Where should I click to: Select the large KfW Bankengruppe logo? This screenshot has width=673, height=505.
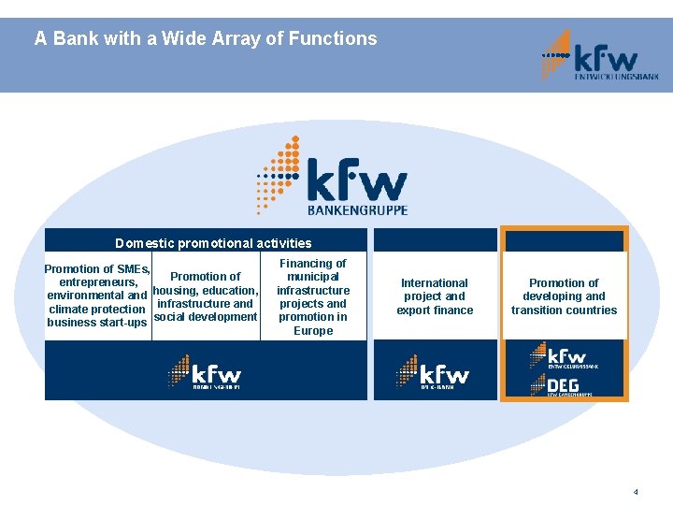[x=332, y=175]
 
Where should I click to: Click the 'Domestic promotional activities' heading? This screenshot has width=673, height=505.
[x=213, y=243]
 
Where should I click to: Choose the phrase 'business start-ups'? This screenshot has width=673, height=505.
[x=97, y=323]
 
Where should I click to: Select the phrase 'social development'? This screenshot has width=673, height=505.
[x=205, y=317]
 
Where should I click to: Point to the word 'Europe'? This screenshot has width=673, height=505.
[x=313, y=331]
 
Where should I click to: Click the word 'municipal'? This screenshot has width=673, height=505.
[x=313, y=278]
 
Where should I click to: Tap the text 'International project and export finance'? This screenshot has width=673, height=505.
[x=435, y=296]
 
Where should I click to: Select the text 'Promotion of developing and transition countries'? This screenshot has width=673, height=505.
[x=564, y=296]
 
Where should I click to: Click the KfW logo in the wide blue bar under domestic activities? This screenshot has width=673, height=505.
[x=206, y=372]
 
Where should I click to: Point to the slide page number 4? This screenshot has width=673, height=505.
[x=636, y=491]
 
